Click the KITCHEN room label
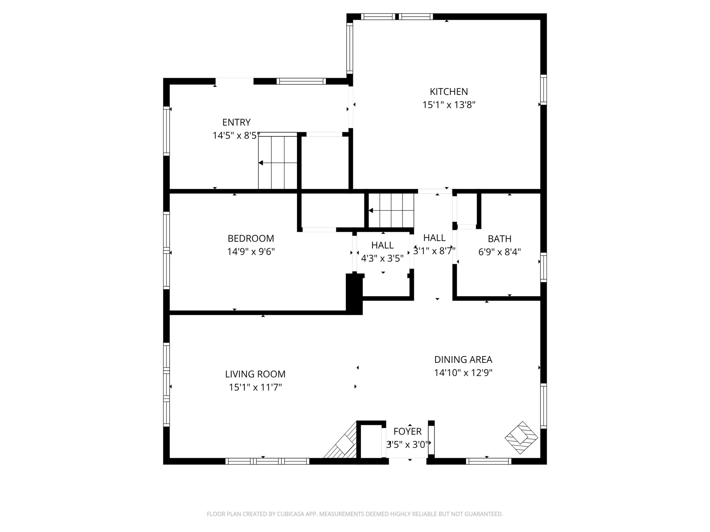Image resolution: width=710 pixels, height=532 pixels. pos(449,92)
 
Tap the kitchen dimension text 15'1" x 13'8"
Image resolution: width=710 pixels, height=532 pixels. pos(449,105)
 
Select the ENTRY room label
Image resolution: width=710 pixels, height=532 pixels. pos(237,122)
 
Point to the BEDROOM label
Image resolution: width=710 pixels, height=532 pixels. pos(251,238)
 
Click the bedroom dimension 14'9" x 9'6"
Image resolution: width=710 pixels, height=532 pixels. pos(251,251)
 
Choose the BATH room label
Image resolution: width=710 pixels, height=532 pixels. pos(499,239)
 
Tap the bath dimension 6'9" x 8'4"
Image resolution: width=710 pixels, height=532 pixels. pos(499,252)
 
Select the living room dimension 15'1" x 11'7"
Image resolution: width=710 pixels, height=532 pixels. pos(255,387)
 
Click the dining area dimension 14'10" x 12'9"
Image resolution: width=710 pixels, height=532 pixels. pos(463,373)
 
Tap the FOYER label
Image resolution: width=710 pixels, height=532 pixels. pos(407,431)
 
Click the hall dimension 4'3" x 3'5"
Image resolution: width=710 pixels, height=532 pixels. pos(382,258)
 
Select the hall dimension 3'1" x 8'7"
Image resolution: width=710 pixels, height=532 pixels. pos(434,251)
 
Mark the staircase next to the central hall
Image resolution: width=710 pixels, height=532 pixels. pos(391,210)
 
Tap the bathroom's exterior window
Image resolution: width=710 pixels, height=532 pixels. pos(543,267)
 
